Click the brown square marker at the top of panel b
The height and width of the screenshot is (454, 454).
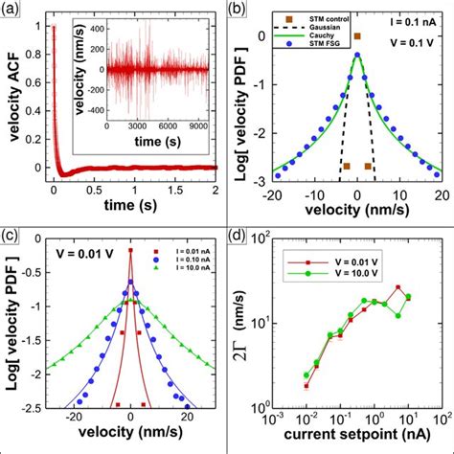(357, 36)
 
